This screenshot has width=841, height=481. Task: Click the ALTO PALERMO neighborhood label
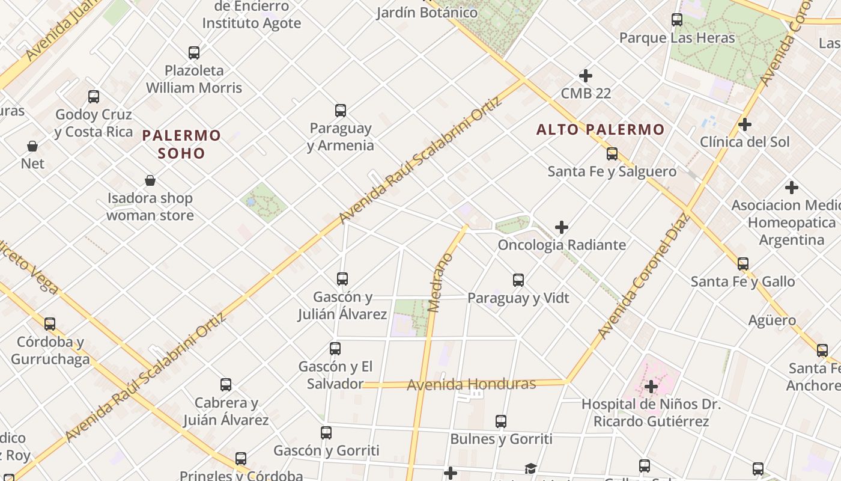coord(600,129)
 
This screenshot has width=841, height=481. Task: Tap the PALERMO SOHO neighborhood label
coord(181,144)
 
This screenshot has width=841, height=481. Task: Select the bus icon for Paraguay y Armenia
coord(341,111)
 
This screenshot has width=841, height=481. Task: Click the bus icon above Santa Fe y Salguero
coord(612,154)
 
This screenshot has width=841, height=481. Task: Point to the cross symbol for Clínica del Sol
coord(745,124)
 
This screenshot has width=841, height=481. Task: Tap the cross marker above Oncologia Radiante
coord(562,227)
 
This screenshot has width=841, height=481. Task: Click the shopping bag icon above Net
coord(32,146)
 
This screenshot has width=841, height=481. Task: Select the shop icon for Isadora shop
coord(150,180)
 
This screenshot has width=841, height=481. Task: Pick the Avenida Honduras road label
coord(471,384)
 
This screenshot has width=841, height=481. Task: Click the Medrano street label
coord(440,283)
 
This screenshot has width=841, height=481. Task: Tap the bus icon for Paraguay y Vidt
coord(518,280)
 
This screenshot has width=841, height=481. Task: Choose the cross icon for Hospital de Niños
coord(651,386)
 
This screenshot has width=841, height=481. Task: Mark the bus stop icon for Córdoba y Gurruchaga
coord(50,324)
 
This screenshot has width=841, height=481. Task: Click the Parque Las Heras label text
coord(677,38)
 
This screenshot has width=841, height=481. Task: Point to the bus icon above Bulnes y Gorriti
coord(501,421)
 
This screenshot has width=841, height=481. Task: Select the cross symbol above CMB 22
coord(586,76)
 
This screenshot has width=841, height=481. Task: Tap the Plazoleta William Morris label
coord(193,79)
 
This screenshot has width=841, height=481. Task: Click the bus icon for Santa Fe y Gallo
coord(743,264)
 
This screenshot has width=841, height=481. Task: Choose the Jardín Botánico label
coord(427,12)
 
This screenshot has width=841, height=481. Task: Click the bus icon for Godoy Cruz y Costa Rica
coord(94,97)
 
